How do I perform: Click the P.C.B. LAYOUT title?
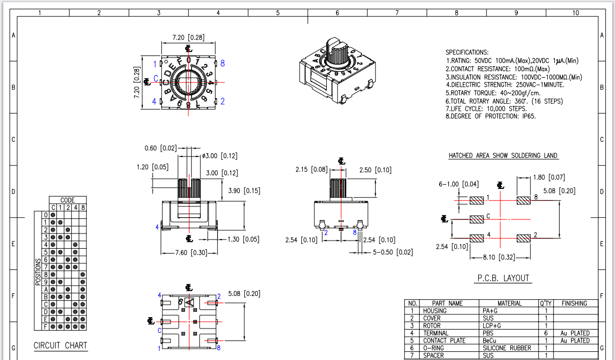503,278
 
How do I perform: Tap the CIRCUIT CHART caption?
60,345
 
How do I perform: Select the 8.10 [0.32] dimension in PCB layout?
498,257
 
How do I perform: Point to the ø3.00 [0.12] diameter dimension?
220,156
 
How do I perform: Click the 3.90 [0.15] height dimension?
244,191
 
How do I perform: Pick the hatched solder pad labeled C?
477,219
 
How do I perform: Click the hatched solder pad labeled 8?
524,201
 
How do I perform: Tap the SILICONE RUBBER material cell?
507,348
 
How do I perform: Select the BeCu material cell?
490,341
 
